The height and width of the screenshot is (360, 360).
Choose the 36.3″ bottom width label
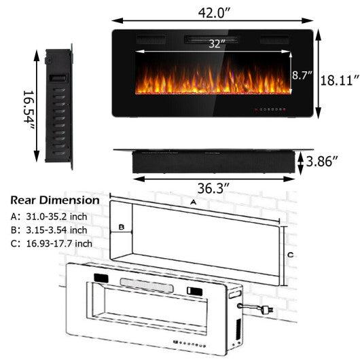213,186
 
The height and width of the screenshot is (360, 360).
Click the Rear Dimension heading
54,201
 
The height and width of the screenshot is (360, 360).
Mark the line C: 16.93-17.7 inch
51,242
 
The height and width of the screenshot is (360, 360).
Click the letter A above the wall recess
193,202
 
